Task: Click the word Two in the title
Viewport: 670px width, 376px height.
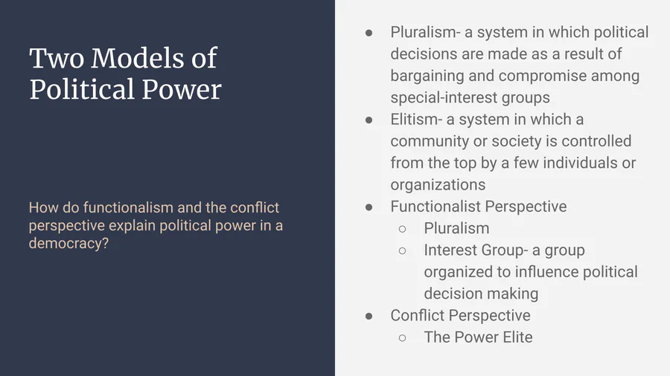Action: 57,58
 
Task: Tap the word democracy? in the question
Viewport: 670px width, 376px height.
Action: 68,244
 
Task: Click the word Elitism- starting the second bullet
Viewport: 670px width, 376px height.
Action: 415,120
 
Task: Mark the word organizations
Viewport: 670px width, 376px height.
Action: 438,184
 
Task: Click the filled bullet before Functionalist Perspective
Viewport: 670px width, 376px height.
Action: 368,207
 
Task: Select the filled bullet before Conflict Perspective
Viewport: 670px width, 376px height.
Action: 368,317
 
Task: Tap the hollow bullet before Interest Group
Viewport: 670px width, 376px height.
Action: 402,250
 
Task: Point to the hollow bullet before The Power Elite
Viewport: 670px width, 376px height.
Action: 402,338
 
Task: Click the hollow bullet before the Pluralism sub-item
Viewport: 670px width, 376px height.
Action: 402,229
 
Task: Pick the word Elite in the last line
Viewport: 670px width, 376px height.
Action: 517,337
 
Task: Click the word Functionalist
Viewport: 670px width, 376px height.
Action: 435,207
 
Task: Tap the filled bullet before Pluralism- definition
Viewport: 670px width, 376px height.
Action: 368,33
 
